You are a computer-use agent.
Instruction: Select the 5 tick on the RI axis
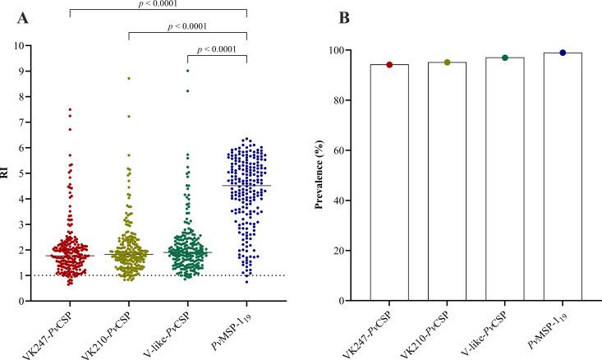[x=31, y=173]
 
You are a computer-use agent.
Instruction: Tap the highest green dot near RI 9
[x=187, y=71]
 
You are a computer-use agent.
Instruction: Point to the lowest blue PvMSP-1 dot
[x=246, y=282]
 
